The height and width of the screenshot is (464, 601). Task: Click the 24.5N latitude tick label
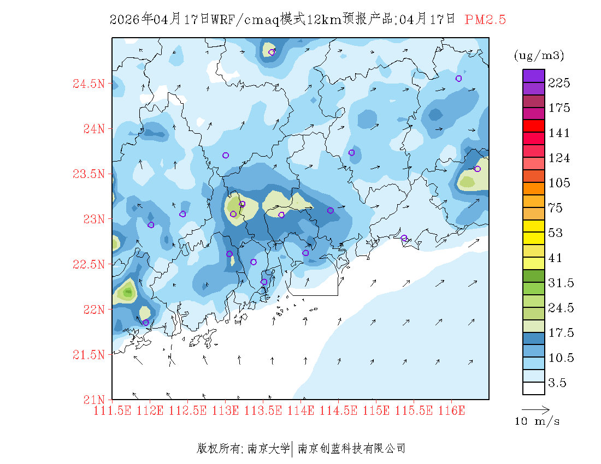pos(89,84)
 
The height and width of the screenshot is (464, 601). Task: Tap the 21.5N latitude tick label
pos(89,355)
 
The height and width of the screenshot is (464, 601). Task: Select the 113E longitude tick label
pos(225,411)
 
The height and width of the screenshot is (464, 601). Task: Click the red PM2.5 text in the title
pos(485,20)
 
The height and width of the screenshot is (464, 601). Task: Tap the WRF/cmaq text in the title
pos(244,20)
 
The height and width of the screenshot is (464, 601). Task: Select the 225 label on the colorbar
pos(559,83)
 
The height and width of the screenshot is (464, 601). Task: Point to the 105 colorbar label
pos(559,183)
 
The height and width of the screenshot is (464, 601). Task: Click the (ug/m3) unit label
pos(539,56)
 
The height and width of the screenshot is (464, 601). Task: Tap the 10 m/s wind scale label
pos(538,421)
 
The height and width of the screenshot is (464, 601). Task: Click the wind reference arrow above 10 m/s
pos(535,409)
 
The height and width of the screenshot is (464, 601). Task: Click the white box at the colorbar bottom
pos(534,388)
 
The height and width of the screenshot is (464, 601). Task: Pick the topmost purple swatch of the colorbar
pos(534,75)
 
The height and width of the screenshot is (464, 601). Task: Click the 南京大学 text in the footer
pos(268,449)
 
